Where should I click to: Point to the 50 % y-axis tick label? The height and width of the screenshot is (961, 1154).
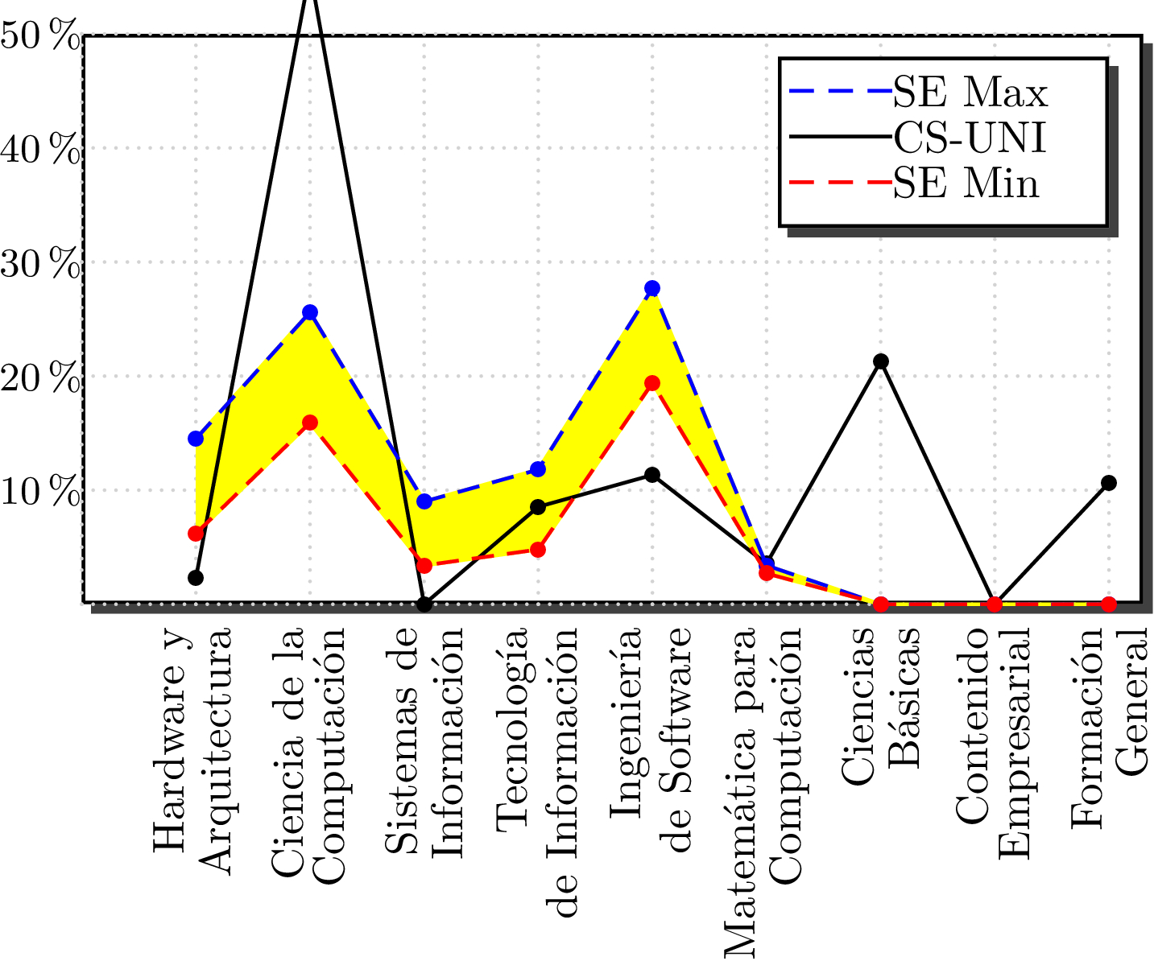[40, 36]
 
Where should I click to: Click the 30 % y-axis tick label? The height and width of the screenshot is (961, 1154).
[40, 264]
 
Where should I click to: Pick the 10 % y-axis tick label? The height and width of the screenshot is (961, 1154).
[40, 492]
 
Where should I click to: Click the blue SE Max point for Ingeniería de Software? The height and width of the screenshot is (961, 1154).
[652, 288]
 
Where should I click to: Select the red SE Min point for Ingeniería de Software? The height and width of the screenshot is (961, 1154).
[652, 383]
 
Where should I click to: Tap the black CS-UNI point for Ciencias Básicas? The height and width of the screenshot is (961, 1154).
[881, 361]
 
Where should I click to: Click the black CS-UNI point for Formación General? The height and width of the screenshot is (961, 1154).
[1109, 483]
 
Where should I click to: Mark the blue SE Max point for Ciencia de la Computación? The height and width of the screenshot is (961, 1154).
[310, 312]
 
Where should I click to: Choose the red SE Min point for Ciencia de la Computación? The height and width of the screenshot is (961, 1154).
[310, 423]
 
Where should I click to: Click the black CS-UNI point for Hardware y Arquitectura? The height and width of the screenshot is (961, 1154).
[196, 578]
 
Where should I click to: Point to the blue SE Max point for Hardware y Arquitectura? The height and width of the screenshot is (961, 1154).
[196, 439]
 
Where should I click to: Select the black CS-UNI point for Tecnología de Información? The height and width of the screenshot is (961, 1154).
[538, 507]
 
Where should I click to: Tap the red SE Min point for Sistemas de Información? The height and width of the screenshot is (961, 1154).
[424, 566]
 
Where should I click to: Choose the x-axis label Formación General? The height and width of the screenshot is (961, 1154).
[1109, 728]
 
